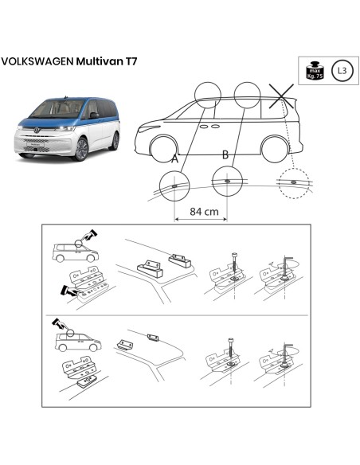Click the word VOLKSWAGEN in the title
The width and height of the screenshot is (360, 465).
click(37, 60)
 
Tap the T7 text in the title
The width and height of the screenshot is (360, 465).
click(132, 60)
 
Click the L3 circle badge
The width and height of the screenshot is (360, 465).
click(341, 72)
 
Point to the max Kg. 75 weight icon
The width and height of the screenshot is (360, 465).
click(313, 71)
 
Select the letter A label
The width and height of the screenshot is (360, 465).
click(173, 158)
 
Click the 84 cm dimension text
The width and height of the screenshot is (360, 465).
click(199, 212)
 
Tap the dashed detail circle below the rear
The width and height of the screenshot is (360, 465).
click(292, 184)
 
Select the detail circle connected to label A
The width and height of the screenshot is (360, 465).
click(173, 186)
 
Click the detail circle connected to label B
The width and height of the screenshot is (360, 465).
click(227, 183)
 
